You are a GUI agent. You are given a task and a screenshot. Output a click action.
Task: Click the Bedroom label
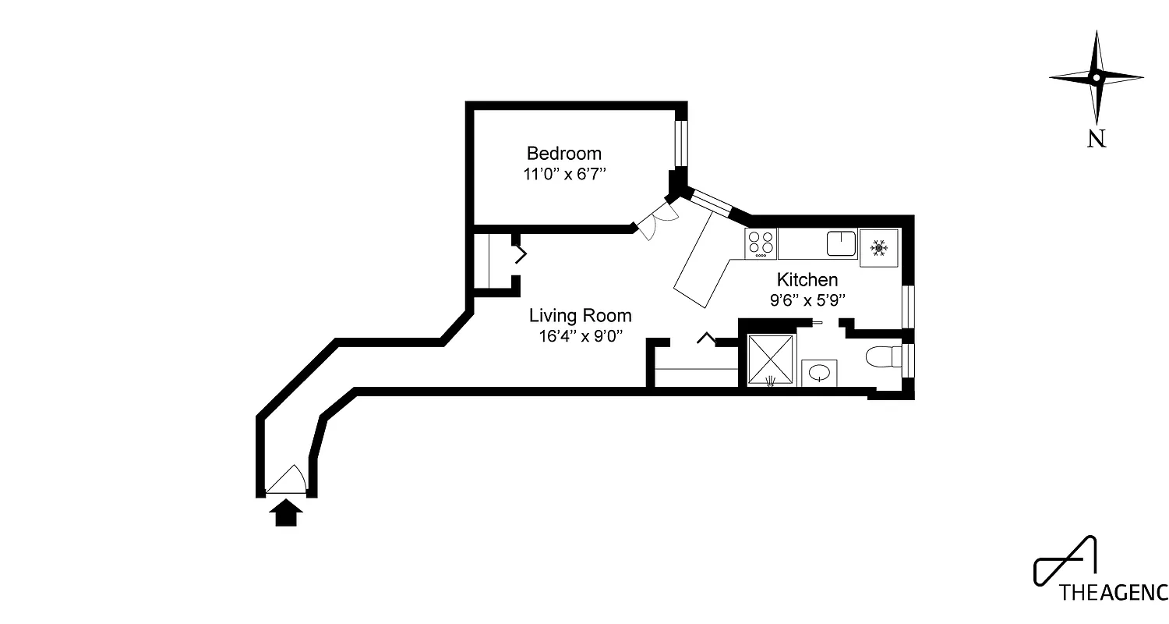pos(563,153)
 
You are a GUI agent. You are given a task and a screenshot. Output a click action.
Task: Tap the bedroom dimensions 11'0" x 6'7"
pos(564,174)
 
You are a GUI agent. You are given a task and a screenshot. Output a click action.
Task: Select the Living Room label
pos(580,316)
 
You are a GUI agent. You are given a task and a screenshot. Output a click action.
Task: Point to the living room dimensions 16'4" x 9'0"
pos(580,336)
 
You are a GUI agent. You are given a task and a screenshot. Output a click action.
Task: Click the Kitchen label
pos(807,279)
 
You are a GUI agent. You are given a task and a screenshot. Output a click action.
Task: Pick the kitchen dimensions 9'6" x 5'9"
pos(807,300)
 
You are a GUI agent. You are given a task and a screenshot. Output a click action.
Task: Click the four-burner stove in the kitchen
pos(761,243)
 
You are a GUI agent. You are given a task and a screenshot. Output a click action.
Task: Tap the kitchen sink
pos(841,243)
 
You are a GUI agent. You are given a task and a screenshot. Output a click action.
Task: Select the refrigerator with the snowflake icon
pos(879,248)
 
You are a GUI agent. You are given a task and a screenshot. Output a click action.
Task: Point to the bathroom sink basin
pos(819,373)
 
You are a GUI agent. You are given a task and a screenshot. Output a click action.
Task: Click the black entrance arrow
pos(287,514)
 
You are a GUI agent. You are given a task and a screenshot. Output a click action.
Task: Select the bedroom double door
pos(657,219)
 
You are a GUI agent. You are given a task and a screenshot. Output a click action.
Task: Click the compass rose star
pos(1096,77)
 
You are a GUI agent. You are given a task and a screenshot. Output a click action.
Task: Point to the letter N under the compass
pos(1096,139)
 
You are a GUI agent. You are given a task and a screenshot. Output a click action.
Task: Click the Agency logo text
pos(1113,592)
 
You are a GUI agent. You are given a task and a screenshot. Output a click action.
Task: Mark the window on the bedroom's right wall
pos(682,143)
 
